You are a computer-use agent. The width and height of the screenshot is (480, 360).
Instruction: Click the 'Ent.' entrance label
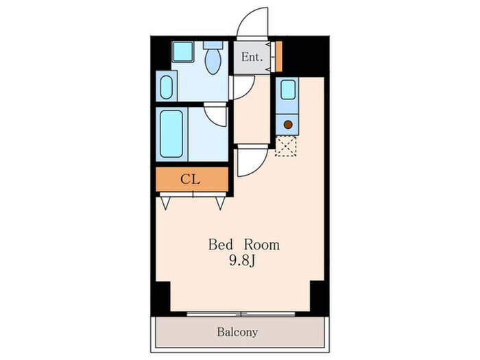coord(252,57)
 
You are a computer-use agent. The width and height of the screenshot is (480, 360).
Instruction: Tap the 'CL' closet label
coord(190,180)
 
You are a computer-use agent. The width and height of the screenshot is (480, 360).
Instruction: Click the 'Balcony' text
coord(237,332)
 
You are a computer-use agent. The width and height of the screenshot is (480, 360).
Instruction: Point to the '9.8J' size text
coord(242,261)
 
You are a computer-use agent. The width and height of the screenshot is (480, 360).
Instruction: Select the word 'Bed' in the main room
coord(220,245)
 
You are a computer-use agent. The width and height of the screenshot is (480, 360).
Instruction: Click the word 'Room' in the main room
coord(262,245)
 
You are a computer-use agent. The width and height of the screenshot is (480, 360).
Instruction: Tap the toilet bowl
coord(213,62)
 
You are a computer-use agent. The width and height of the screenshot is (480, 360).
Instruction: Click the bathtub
coord(171,134)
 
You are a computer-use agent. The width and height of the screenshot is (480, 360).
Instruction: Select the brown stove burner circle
coord(288,125)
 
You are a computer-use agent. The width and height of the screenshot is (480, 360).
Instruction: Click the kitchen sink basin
coord(288,90)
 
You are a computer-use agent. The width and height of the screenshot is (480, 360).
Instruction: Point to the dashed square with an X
coord(286,146)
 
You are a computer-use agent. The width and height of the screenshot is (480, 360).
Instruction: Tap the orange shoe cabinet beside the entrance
coord(278,57)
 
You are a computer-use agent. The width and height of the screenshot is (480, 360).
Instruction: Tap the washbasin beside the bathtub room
coord(166,87)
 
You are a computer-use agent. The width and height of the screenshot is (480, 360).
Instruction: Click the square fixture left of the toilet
coord(183,51)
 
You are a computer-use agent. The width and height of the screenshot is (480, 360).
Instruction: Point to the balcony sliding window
coord(241,314)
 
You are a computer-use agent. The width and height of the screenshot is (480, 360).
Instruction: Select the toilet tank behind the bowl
coord(213,45)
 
